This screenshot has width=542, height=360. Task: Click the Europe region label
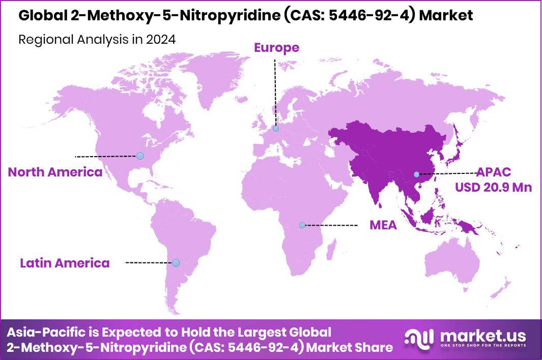[x=276, y=48]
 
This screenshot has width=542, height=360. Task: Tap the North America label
[x=55, y=172]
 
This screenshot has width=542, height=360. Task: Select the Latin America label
[x=65, y=263]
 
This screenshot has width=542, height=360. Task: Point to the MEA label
[x=383, y=225]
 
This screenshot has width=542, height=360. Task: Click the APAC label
[x=493, y=172]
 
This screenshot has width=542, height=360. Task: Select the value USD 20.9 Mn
[x=493, y=187]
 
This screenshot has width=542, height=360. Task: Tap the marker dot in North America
[x=140, y=156]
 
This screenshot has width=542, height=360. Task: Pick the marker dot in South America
[x=176, y=263]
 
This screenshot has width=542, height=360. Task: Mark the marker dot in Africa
[x=302, y=225]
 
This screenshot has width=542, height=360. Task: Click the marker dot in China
[x=417, y=174]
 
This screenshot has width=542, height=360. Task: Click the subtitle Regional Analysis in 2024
[x=97, y=40]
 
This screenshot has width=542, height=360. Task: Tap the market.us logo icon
[x=419, y=338]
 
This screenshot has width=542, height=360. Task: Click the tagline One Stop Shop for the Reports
[x=483, y=346]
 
